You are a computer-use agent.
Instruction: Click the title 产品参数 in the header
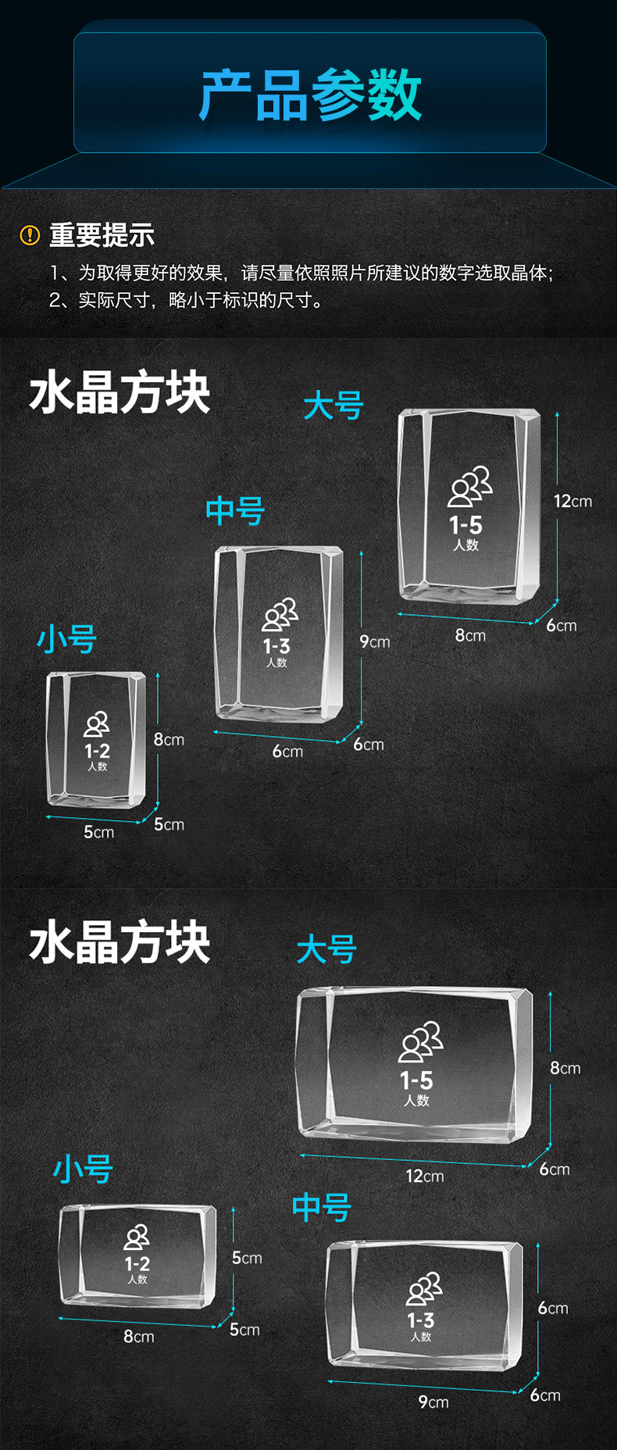(310, 95)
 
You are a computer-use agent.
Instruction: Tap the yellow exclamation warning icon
(30, 234)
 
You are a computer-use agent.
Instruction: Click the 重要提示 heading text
(102, 234)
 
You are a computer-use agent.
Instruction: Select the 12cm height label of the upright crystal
(572, 501)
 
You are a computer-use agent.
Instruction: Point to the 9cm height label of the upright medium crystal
(375, 641)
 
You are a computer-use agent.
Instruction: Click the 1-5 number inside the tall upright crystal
(465, 525)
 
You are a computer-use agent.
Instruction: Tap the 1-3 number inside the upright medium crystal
(276, 646)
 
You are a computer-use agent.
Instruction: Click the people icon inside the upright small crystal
(97, 724)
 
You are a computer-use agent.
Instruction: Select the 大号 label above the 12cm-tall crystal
(333, 406)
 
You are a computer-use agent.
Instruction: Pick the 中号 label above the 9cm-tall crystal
(235, 511)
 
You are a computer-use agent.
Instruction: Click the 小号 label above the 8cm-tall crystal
(67, 639)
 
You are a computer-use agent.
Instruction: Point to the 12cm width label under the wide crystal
(425, 1176)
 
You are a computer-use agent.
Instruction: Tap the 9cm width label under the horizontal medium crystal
(433, 1402)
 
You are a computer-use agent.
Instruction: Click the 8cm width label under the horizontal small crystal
(139, 1336)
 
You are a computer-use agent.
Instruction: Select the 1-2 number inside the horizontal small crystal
(137, 1263)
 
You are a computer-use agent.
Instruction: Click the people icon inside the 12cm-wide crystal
(421, 1041)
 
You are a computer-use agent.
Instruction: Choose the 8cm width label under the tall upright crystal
(470, 635)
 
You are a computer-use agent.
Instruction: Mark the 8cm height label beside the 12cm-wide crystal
(565, 1067)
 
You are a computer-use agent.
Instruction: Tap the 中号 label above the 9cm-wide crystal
(322, 1207)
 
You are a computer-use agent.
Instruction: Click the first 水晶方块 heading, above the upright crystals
(119, 393)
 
